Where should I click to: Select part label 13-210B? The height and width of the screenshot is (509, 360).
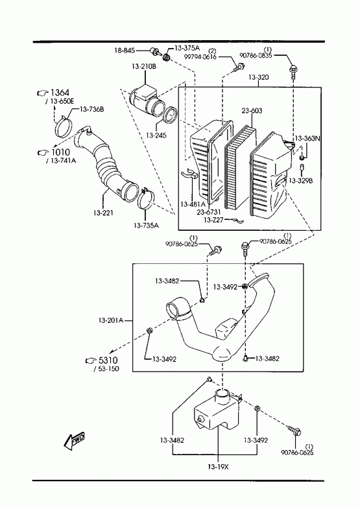pyautogui.click(x=144, y=67)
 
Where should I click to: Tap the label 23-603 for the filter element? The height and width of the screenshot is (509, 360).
pyautogui.click(x=252, y=111)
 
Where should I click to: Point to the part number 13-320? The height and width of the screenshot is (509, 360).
pyautogui.click(x=258, y=77)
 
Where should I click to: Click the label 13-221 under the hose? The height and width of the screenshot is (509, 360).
pyautogui.click(x=103, y=213)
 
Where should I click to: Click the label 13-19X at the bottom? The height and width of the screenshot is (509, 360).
pyautogui.click(x=218, y=467)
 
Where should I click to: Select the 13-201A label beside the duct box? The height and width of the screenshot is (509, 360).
pyautogui.click(x=111, y=320)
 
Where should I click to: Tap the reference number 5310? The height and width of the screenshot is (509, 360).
pyautogui.click(x=108, y=361)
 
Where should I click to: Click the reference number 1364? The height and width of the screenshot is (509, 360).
pyautogui.click(x=60, y=93)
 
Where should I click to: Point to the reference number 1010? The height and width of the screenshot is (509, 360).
pyautogui.click(x=60, y=152)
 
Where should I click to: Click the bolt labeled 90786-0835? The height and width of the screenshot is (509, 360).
pyautogui.click(x=293, y=72)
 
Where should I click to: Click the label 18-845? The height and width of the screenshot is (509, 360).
pyautogui.click(x=125, y=51)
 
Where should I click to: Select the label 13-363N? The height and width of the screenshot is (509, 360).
pyautogui.click(x=307, y=139)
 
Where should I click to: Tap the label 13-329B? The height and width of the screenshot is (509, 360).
pyautogui.click(x=300, y=180)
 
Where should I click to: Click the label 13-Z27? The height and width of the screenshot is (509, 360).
pyautogui.click(x=213, y=220)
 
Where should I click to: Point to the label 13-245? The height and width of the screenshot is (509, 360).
pyautogui.click(x=156, y=135)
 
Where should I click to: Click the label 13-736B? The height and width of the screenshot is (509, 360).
pyautogui.click(x=91, y=109)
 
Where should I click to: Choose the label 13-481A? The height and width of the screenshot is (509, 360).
pyautogui.click(x=193, y=204)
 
